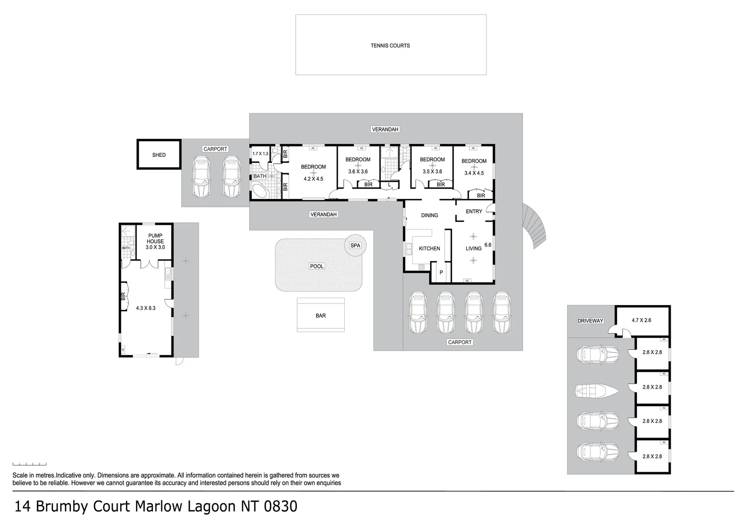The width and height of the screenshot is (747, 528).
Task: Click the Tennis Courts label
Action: pyautogui.click(x=390, y=45)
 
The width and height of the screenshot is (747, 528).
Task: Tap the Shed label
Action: pyautogui.click(x=159, y=155)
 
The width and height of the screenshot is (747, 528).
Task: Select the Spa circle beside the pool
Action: pyautogui.click(x=355, y=245)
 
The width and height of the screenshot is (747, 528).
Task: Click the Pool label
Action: pyautogui.click(x=317, y=266)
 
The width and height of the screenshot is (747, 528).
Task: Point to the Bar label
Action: pyautogui.click(x=321, y=316)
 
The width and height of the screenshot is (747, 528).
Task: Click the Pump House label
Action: pyautogui.click(x=155, y=239)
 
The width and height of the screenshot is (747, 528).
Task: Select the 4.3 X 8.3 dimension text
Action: pyautogui.click(x=146, y=308)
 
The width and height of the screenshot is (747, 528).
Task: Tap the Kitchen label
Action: pyautogui.click(x=429, y=248)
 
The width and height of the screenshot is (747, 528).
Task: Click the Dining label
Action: pyautogui.click(x=430, y=215)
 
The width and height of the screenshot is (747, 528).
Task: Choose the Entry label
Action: pyautogui.click(x=474, y=211)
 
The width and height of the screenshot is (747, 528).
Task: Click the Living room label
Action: pyautogui.click(x=473, y=248)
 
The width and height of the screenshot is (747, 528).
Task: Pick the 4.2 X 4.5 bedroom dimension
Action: pyautogui.click(x=313, y=179)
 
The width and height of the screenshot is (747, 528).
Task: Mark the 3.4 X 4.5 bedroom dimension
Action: pyautogui.click(x=474, y=173)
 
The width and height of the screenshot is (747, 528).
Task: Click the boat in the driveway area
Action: pyautogui.click(x=597, y=390)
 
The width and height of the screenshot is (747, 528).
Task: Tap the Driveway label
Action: pyautogui.click(x=591, y=321)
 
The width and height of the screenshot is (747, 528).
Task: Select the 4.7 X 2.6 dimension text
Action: pyautogui.click(x=641, y=321)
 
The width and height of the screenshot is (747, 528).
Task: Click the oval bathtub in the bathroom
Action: pyautogui.click(x=260, y=191)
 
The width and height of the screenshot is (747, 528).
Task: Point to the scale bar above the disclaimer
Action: pyautogui.click(x=29, y=464)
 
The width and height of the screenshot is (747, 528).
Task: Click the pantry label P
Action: pyautogui.click(x=441, y=272)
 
